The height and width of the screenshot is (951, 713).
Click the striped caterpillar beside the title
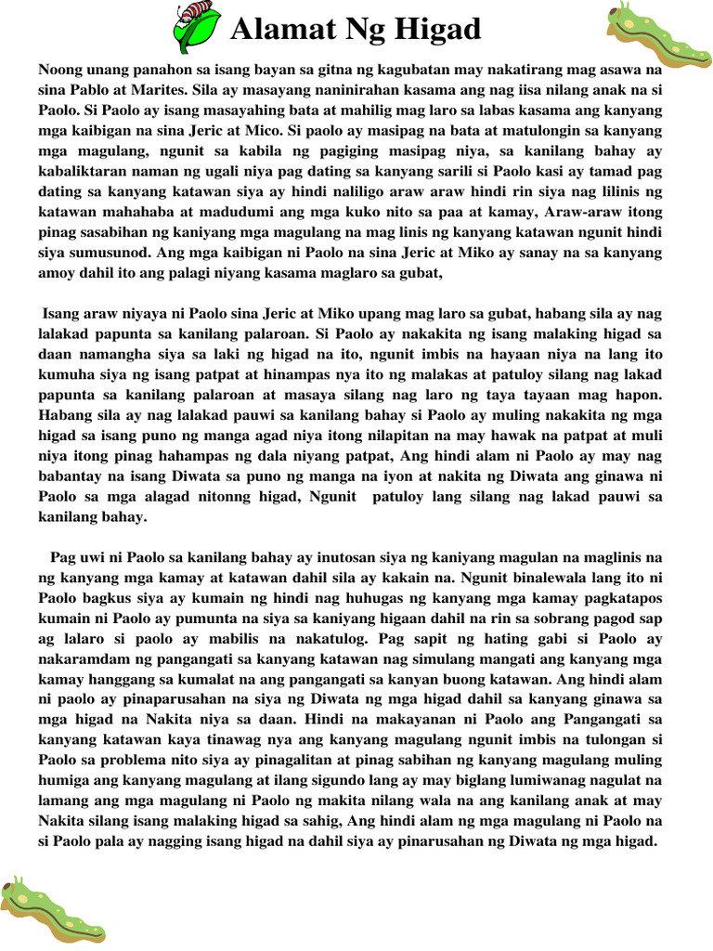click(x=198, y=26)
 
